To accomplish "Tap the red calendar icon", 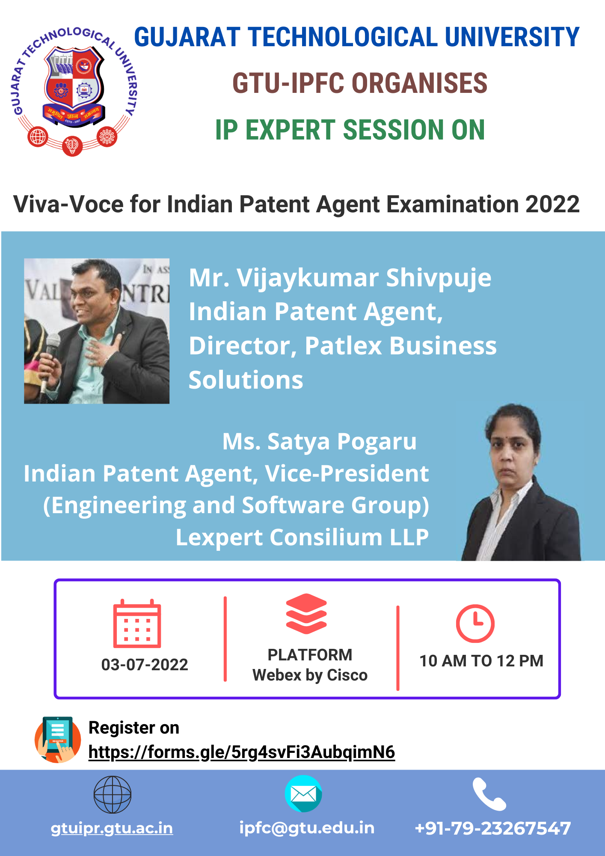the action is [137, 623].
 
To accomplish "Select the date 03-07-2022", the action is [145, 665].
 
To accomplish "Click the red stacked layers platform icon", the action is [306, 614].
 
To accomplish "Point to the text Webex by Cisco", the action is [310, 675].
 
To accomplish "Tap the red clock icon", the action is [475, 623].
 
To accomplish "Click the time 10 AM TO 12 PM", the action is [481, 661].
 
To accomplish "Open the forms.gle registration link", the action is [242, 752].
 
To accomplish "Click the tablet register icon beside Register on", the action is [58, 739].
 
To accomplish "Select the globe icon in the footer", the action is [113, 794].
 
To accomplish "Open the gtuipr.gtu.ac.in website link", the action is [112, 828].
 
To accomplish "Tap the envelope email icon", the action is [303, 794].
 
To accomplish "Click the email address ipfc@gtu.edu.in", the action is [307, 828].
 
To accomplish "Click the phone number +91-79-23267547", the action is [493, 828].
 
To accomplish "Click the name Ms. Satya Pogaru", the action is [320, 441].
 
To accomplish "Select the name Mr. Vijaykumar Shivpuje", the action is [340, 278].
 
